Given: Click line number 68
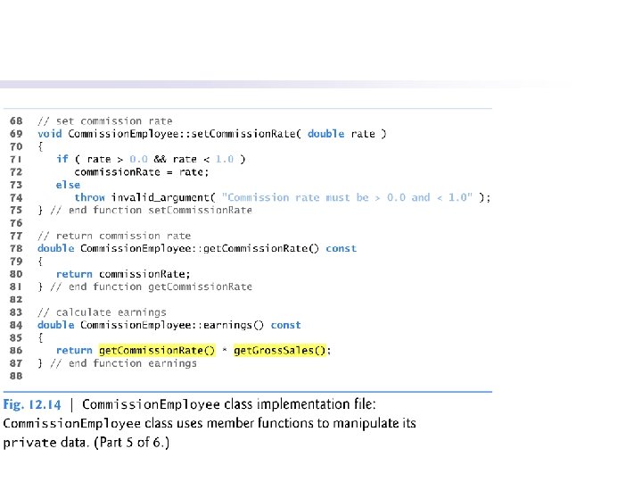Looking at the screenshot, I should [x=16, y=120].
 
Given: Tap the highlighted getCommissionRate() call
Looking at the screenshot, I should [x=157, y=351].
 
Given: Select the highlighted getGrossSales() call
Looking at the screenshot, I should [x=281, y=351].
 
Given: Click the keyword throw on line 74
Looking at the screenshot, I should [x=89, y=197].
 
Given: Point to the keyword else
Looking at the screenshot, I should [x=68, y=185].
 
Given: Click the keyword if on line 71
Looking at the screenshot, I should [x=62, y=159].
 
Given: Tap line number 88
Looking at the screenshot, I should [x=16, y=376].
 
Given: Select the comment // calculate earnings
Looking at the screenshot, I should [x=102, y=312].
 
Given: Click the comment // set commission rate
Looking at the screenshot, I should [x=105, y=120].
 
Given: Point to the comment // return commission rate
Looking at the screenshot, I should [x=114, y=236].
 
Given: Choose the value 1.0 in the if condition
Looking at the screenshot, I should [x=225, y=159].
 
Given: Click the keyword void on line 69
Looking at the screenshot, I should [x=49, y=134].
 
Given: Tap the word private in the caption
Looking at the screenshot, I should [x=29, y=441].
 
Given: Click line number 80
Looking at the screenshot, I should [x=16, y=274].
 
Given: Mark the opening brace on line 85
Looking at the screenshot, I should [x=40, y=338].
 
